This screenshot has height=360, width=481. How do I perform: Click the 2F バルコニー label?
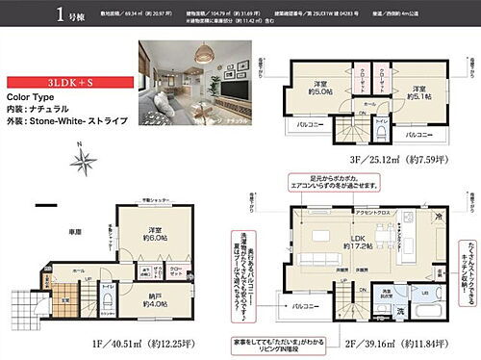(309, 306)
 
